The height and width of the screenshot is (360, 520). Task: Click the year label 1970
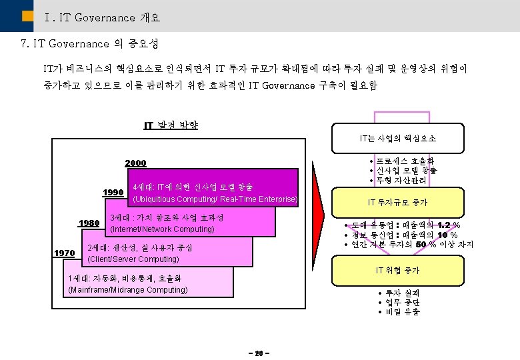[x=64, y=253]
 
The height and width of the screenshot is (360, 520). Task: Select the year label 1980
[x=89, y=223]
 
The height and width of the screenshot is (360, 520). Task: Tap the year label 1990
[x=113, y=193]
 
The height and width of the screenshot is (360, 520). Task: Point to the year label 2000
[x=135, y=163]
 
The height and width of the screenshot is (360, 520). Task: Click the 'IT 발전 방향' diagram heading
[x=171, y=125]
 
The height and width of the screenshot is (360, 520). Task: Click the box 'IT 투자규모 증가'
[x=397, y=202]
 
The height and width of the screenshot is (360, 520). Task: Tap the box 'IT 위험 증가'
[x=398, y=270]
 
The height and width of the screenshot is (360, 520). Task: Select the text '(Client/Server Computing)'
[x=133, y=259]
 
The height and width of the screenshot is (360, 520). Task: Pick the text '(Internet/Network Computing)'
[x=161, y=229]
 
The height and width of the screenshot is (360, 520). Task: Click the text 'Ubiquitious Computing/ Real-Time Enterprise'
[x=215, y=199]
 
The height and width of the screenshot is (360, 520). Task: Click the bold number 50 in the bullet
[x=421, y=245]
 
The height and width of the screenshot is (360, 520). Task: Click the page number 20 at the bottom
[x=259, y=353]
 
